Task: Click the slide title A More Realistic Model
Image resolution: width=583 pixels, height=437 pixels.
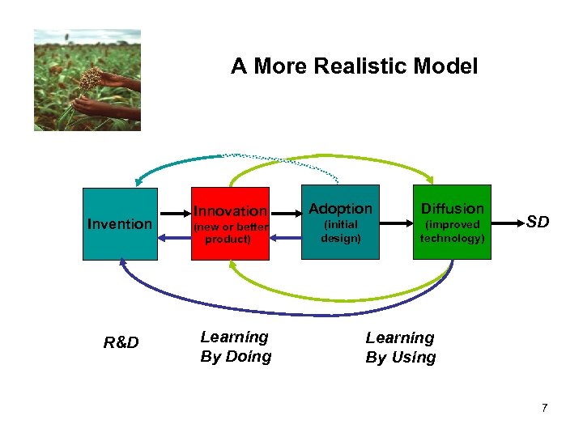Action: (x=354, y=66)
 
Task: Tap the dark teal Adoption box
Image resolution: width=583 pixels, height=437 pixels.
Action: (x=340, y=247)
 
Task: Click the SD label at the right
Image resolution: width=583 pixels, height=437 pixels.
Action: (x=538, y=221)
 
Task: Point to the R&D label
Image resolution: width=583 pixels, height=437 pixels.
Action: (x=121, y=343)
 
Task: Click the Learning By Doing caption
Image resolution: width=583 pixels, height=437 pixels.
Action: (x=236, y=346)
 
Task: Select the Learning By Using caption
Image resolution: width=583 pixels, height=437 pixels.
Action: (x=400, y=347)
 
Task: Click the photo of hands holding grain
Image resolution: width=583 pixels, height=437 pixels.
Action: (x=87, y=80)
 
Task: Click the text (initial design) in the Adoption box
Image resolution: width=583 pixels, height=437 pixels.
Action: (x=340, y=231)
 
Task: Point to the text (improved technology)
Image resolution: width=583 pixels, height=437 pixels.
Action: (x=452, y=231)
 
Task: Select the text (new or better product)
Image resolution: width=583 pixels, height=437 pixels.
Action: (x=230, y=232)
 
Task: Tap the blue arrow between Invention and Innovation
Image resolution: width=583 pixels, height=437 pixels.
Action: (x=174, y=237)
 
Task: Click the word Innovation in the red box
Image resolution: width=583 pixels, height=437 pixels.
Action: (x=230, y=211)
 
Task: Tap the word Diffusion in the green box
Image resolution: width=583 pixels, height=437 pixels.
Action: (x=452, y=209)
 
